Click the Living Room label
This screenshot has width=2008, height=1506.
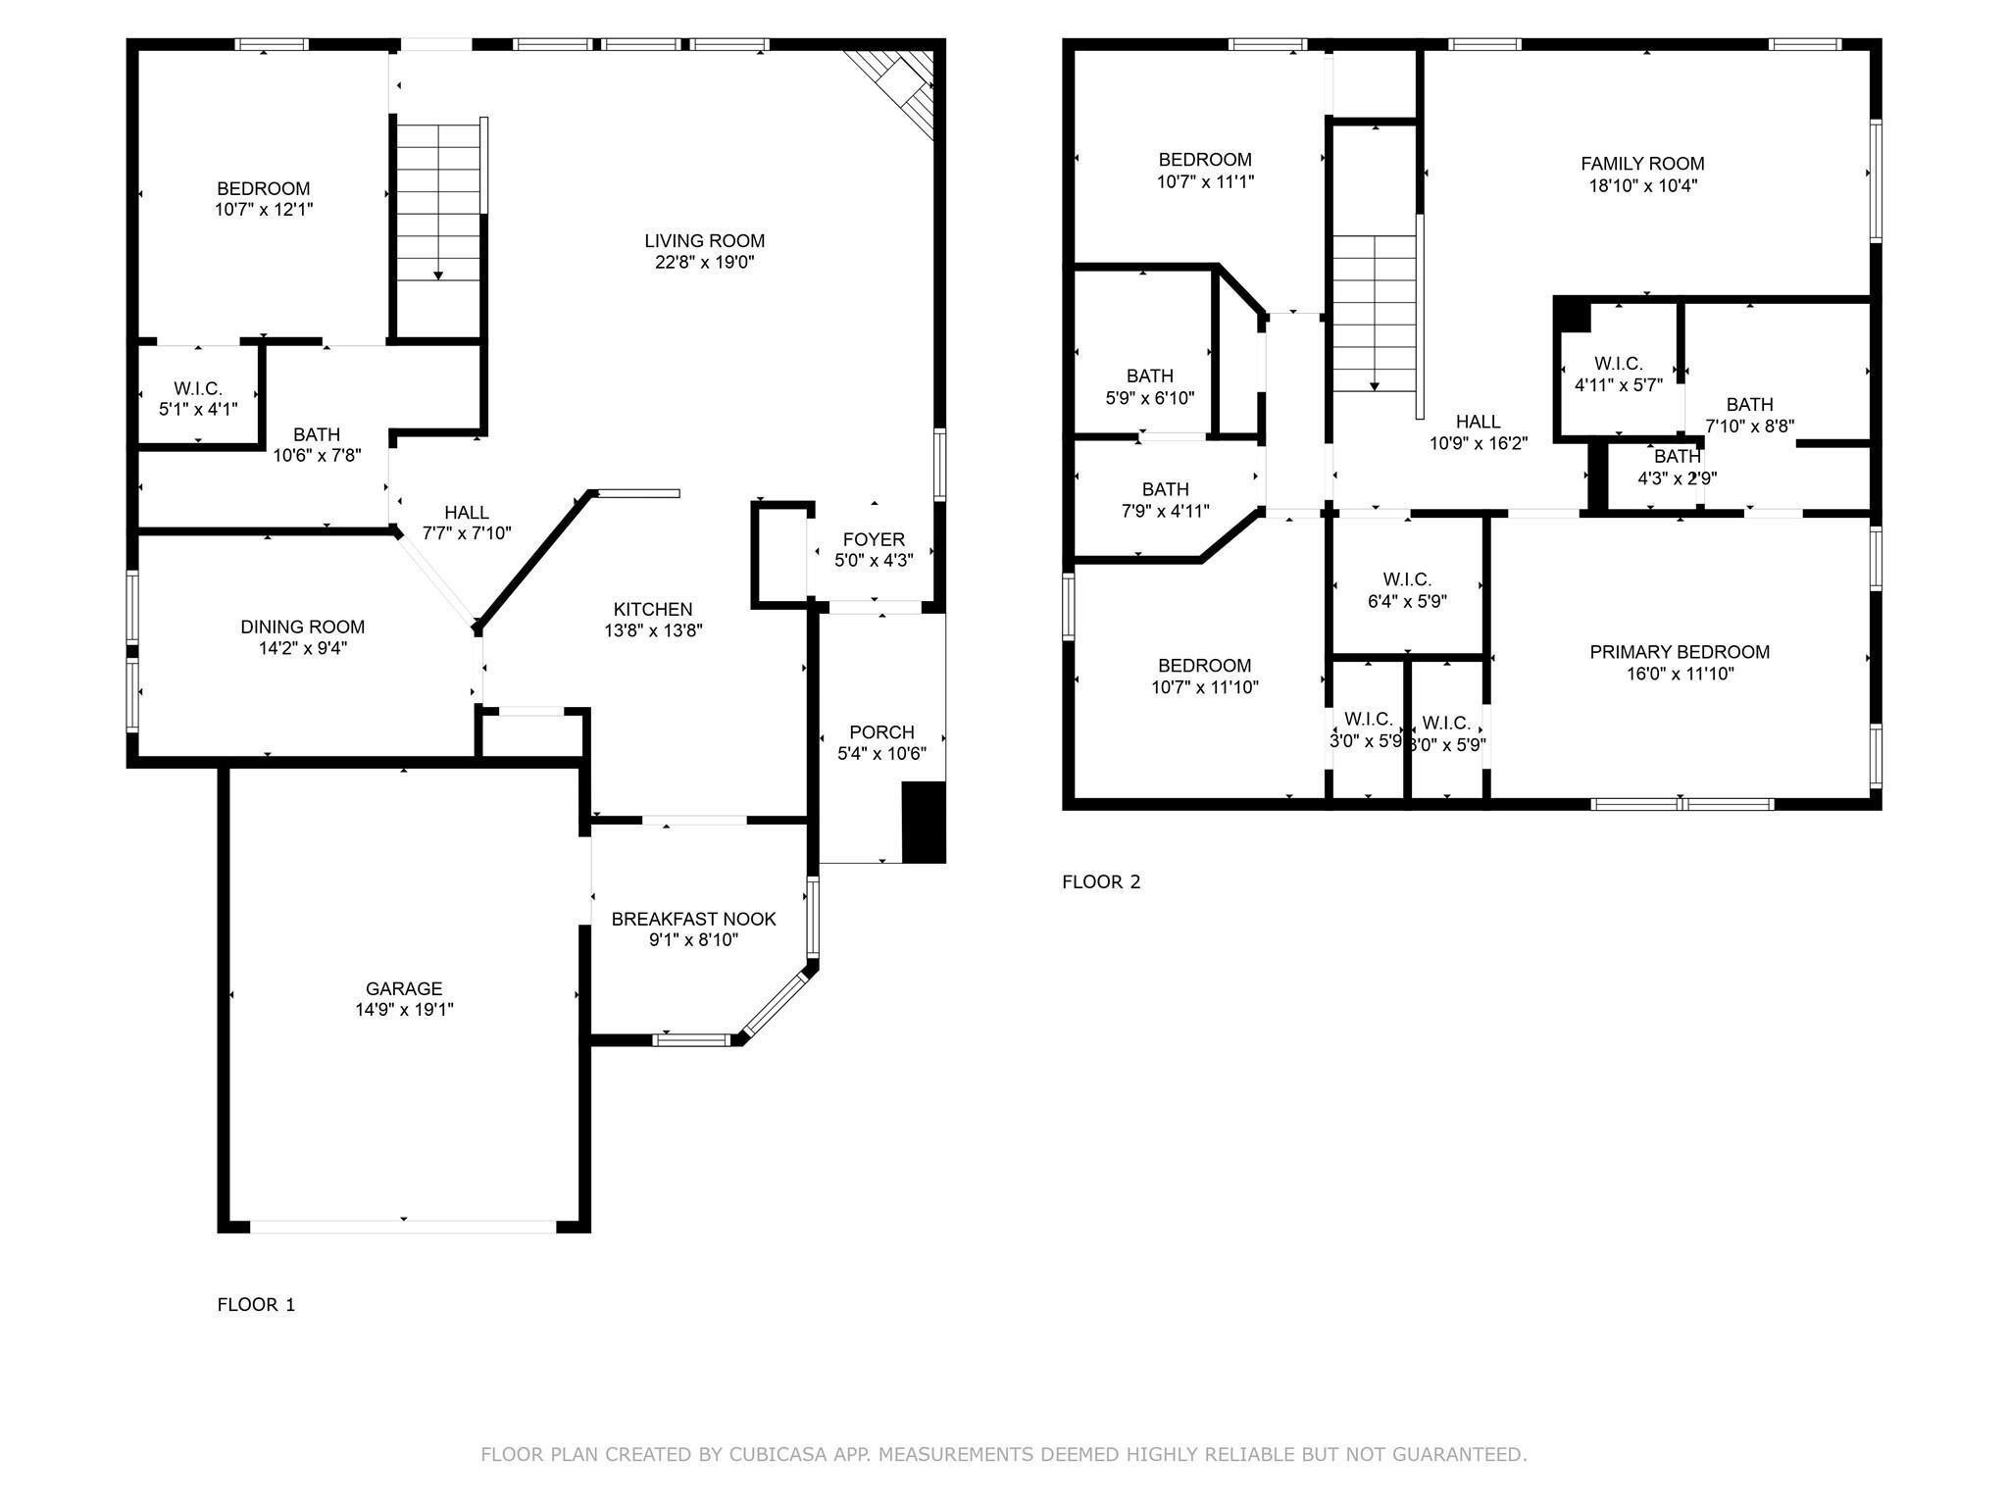[704, 240]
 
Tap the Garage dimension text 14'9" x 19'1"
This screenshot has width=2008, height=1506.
[404, 1010]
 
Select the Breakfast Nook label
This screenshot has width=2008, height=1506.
[693, 919]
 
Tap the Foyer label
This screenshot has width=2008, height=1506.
[874, 539]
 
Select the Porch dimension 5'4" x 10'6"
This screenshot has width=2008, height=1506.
[881, 754]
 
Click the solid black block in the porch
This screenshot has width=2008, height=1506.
[923, 822]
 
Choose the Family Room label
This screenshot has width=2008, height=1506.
[1642, 164]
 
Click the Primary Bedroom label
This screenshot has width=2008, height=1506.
[1680, 652]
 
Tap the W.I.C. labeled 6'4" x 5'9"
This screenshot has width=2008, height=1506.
[1407, 590]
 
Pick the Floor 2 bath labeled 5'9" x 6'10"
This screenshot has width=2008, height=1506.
[1149, 386]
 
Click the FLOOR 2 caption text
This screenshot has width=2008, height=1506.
[1101, 881]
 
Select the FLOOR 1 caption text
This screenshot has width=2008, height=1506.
[256, 1304]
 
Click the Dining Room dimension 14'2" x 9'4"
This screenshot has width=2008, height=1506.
[302, 648]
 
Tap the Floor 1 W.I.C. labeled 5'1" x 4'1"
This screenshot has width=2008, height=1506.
[198, 399]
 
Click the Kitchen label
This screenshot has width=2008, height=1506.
[653, 609]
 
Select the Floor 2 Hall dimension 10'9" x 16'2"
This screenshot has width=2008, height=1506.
[1478, 443]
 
